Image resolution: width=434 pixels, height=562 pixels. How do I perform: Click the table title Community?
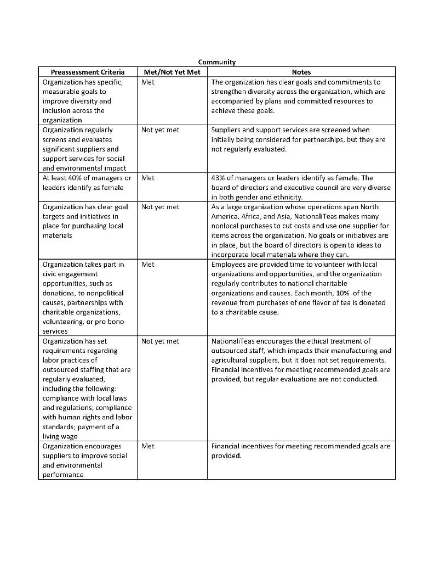(216, 63)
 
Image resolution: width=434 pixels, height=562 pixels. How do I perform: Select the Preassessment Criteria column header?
(88, 72)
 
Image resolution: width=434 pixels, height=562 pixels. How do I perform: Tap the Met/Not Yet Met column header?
(172, 72)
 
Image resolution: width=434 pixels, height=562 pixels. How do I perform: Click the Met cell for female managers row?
(147, 178)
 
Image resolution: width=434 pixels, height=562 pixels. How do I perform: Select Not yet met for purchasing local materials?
(160, 207)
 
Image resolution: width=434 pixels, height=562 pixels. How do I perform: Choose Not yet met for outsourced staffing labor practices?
(160, 341)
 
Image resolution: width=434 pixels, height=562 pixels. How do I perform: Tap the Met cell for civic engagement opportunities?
(147, 264)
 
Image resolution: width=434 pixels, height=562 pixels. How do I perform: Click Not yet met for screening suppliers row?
(160, 130)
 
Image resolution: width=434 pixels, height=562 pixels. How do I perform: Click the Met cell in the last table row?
(147, 446)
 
